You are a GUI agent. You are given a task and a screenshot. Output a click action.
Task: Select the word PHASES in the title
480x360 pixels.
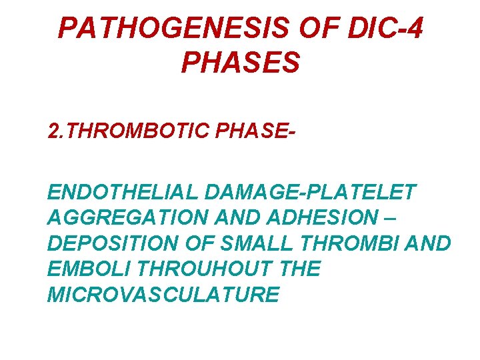240,63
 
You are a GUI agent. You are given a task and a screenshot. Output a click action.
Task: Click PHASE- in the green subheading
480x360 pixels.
254,131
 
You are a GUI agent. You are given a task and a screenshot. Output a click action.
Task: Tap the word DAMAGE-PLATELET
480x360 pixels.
311,193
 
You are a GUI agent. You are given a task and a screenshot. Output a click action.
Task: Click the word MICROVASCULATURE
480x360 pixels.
163,295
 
